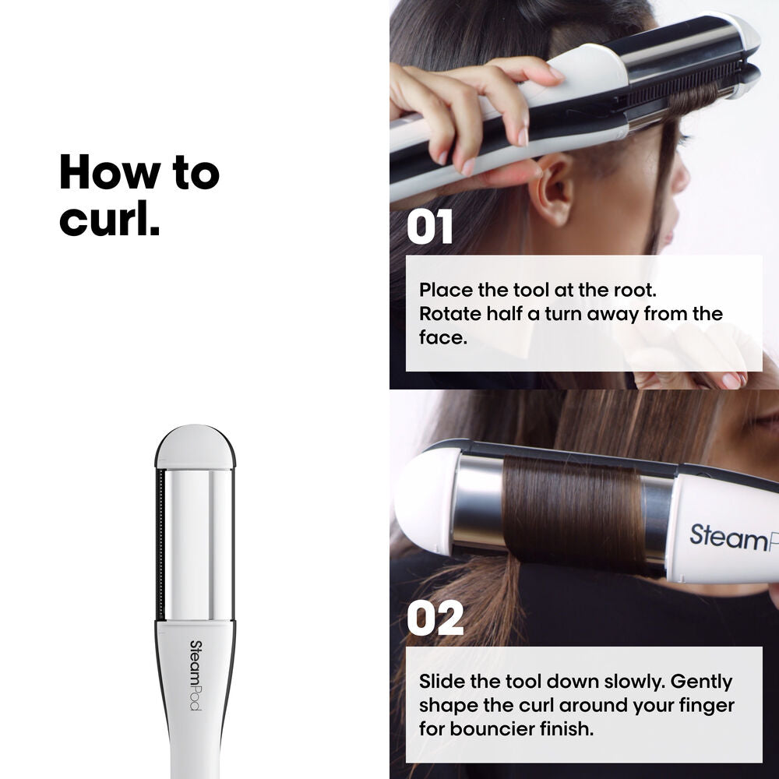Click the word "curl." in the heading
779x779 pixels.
[x=110, y=219]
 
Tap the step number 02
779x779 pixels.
[x=435, y=619]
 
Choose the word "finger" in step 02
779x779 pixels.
[x=706, y=706]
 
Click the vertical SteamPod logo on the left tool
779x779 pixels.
[x=195, y=675]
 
